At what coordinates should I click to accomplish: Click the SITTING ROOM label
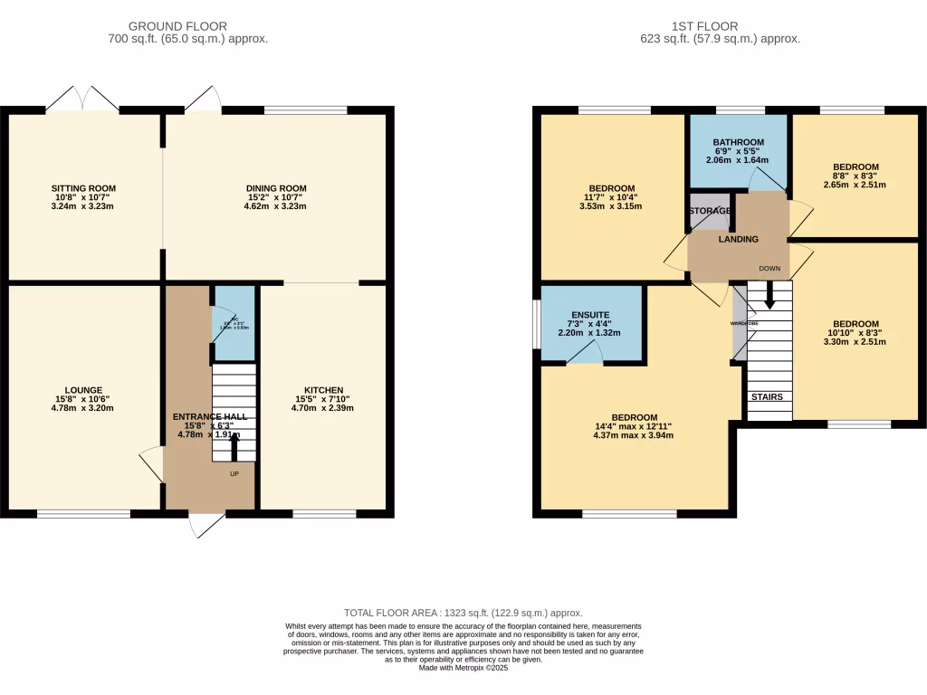tap(83, 188)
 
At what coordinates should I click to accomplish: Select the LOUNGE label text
tap(83, 390)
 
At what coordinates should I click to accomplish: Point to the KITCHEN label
tap(323, 390)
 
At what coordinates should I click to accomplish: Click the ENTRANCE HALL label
tap(209, 417)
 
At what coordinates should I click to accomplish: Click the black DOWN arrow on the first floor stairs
tap(769, 293)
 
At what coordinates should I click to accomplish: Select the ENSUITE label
tap(588, 315)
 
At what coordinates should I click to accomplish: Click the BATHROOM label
tap(738, 142)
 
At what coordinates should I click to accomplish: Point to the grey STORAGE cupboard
tap(709, 211)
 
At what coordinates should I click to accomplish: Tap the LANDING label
tap(738, 239)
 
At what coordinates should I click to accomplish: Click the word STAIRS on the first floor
tap(766, 396)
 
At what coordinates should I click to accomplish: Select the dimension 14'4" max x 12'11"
tap(626, 425)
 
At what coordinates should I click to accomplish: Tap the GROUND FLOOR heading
tap(178, 26)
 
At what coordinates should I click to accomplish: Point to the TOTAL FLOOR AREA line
tap(463, 613)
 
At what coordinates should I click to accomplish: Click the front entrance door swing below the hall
tap(207, 526)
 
